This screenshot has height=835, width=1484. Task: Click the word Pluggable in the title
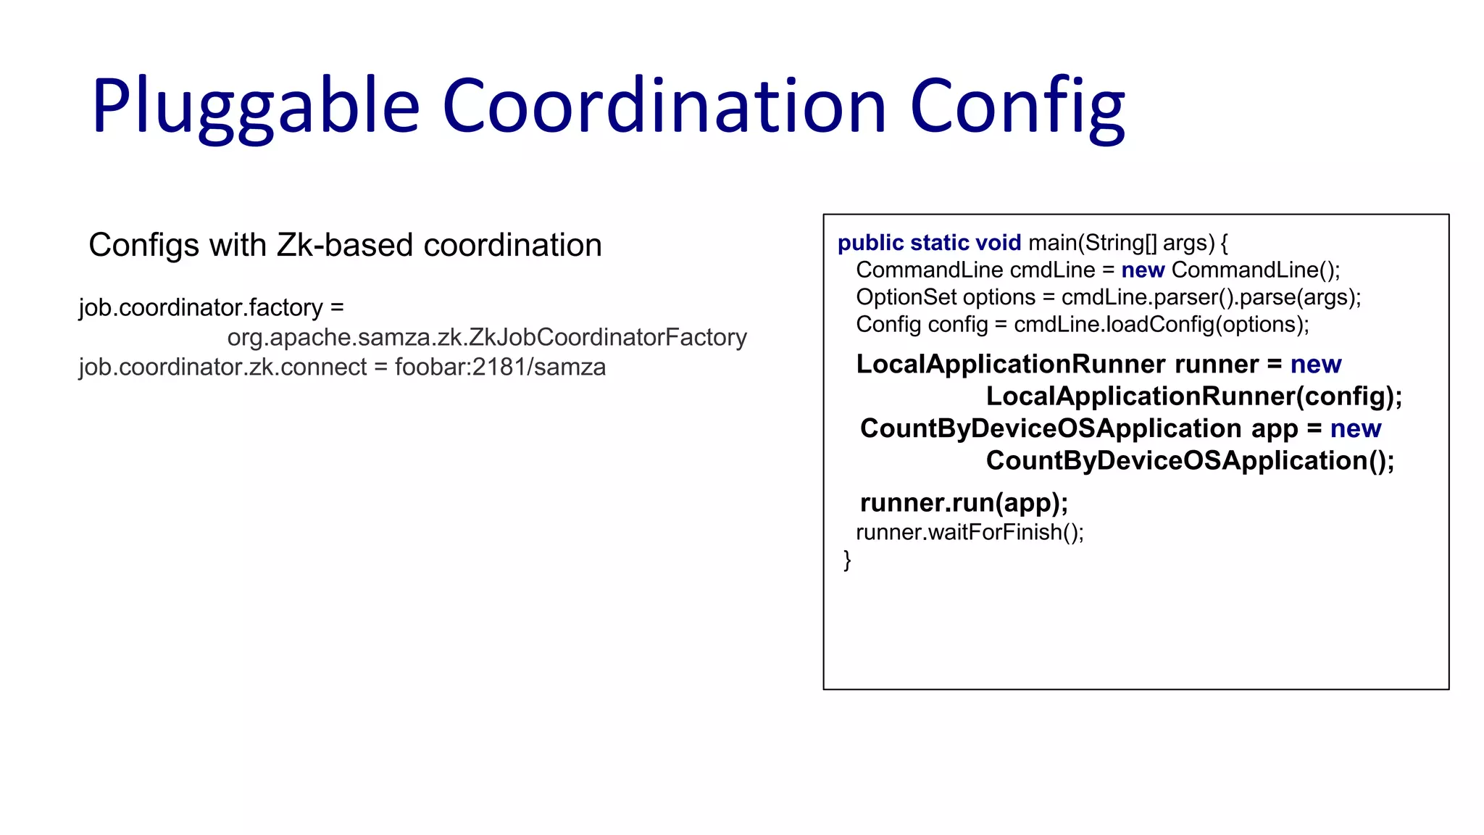pyautogui.click(x=255, y=107)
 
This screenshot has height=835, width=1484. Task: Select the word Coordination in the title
pyautogui.click(x=664, y=107)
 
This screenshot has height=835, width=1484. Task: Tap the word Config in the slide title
pyautogui.click(x=1017, y=107)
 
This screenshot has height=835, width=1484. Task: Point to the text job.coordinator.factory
pyautogui.click(x=201, y=307)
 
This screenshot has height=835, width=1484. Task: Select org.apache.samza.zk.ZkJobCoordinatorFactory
pyautogui.click(x=487, y=337)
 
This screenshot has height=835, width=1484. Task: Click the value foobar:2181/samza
pyautogui.click(x=500, y=367)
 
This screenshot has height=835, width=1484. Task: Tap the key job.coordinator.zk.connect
pyautogui.click(x=222, y=367)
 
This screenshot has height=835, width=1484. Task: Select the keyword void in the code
pyautogui.click(x=998, y=243)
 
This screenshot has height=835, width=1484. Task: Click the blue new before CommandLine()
pyautogui.click(x=1143, y=270)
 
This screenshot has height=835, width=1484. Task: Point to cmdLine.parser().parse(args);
pyautogui.click(x=1211, y=297)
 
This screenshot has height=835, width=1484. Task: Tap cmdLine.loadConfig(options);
pyautogui.click(x=1161, y=324)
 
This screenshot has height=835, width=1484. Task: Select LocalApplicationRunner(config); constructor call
pyautogui.click(x=1193, y=396)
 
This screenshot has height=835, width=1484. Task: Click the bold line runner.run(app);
pyautogui.click(x=964, y=502)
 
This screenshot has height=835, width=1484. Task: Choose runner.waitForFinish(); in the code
pyautogui.click(x=970, y=532)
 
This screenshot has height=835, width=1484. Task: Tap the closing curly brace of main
pyautogui.click(x=847, y=560)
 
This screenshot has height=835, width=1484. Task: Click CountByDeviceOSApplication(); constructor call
pyautogui.click(x=1190, y=460)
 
